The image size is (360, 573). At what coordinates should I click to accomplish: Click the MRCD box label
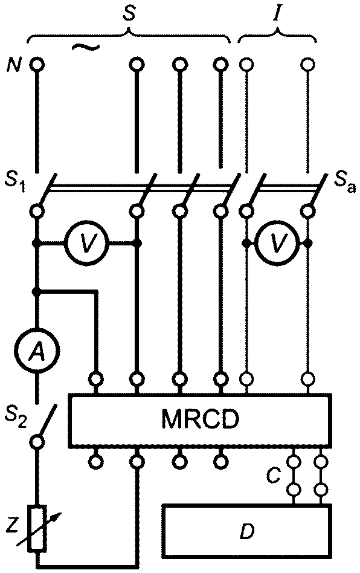[200, 420]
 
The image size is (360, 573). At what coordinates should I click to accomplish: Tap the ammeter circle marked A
[36, 352]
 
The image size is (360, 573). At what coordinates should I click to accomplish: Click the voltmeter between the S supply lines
[86, 242]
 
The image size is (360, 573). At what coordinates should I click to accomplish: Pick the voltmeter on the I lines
[278, 242]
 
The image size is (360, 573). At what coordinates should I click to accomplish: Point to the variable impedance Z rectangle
[39, 528]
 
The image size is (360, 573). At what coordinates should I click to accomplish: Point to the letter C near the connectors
[273, 476]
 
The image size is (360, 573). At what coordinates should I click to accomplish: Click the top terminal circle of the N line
[37, 65]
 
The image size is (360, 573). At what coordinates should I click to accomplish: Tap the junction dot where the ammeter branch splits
[36, 291]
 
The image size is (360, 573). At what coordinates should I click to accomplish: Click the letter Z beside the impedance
[13, 526]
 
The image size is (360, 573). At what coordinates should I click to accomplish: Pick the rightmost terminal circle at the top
[308, 65]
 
